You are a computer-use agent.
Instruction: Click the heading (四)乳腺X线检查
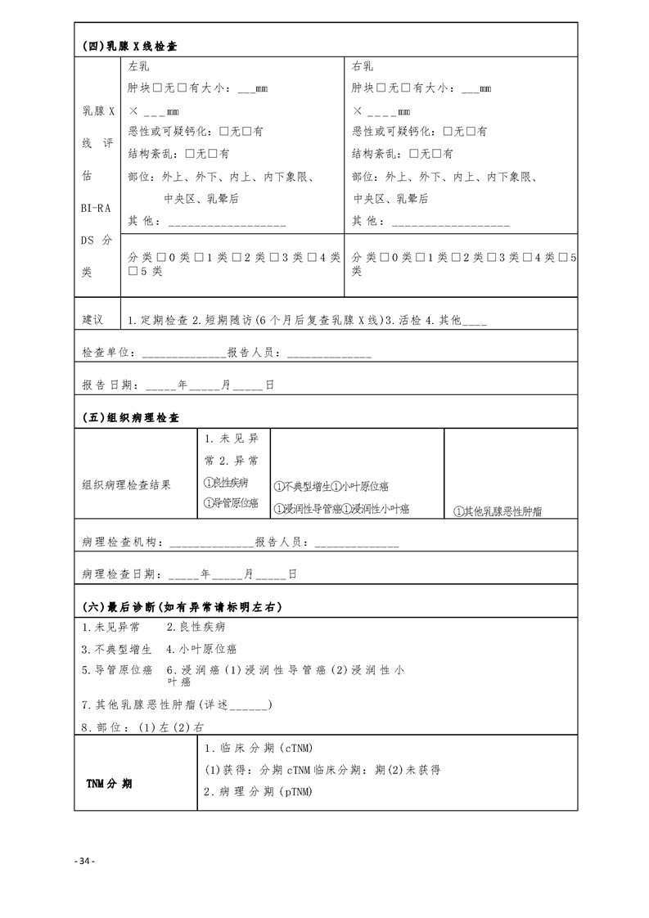click(x=131, y=46)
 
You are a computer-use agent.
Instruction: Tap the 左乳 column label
click(x=139, y=66)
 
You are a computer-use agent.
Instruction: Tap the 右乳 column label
click(x=363, y=66)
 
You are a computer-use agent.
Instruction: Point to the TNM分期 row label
click(x=110, y=783)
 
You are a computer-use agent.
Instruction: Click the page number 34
click(x=84, y=862)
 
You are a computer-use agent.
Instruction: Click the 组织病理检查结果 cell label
click(x=127, y=484)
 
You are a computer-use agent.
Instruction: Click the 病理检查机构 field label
click(x=121, y=542)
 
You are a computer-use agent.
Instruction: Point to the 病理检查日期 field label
click(x=121, y=574)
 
